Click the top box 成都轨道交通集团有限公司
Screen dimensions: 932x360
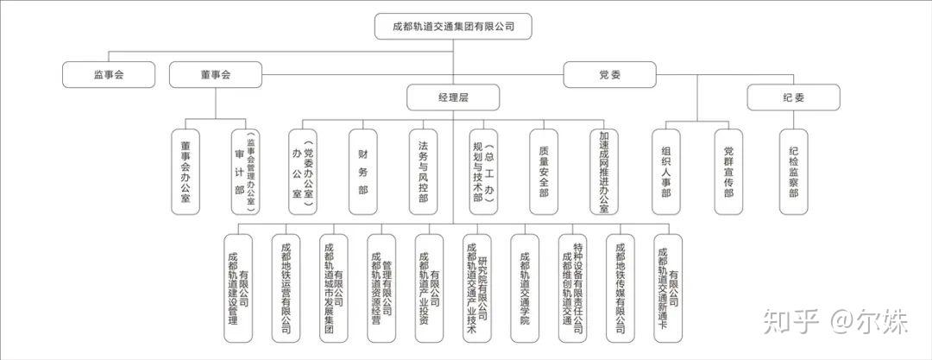[453, 27]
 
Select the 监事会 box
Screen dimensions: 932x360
[109, 75]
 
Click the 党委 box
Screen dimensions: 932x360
[610, 75]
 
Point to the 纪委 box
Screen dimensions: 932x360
[793, 98]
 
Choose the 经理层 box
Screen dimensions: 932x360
[453, 98]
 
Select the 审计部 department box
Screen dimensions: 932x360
[245, 171]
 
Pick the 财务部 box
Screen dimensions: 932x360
[362, 171]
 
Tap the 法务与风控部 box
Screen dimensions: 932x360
[423, 171]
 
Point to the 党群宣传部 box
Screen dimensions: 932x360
[728, 171]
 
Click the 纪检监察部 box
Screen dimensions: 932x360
[793, 171]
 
